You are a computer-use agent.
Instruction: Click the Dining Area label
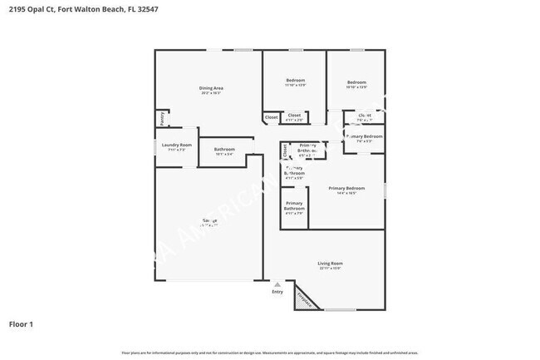[x=210, y=87]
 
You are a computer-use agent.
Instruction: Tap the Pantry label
[x=161, y=119]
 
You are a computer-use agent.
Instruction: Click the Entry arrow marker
[x=277, y=283]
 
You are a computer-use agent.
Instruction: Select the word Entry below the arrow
[x=277, y=291]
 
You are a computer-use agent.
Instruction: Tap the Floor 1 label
[x=21, y=323]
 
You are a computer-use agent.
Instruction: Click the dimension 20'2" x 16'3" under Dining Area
[x=210, y=93]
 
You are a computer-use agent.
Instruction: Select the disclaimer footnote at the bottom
[x=270, y=353]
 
